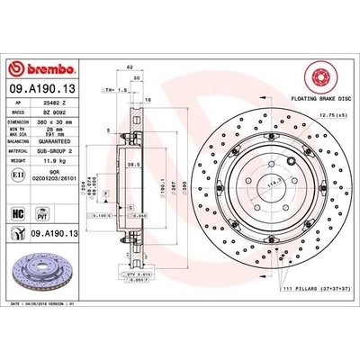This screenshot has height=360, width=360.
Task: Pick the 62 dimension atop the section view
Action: tap(131, 67)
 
